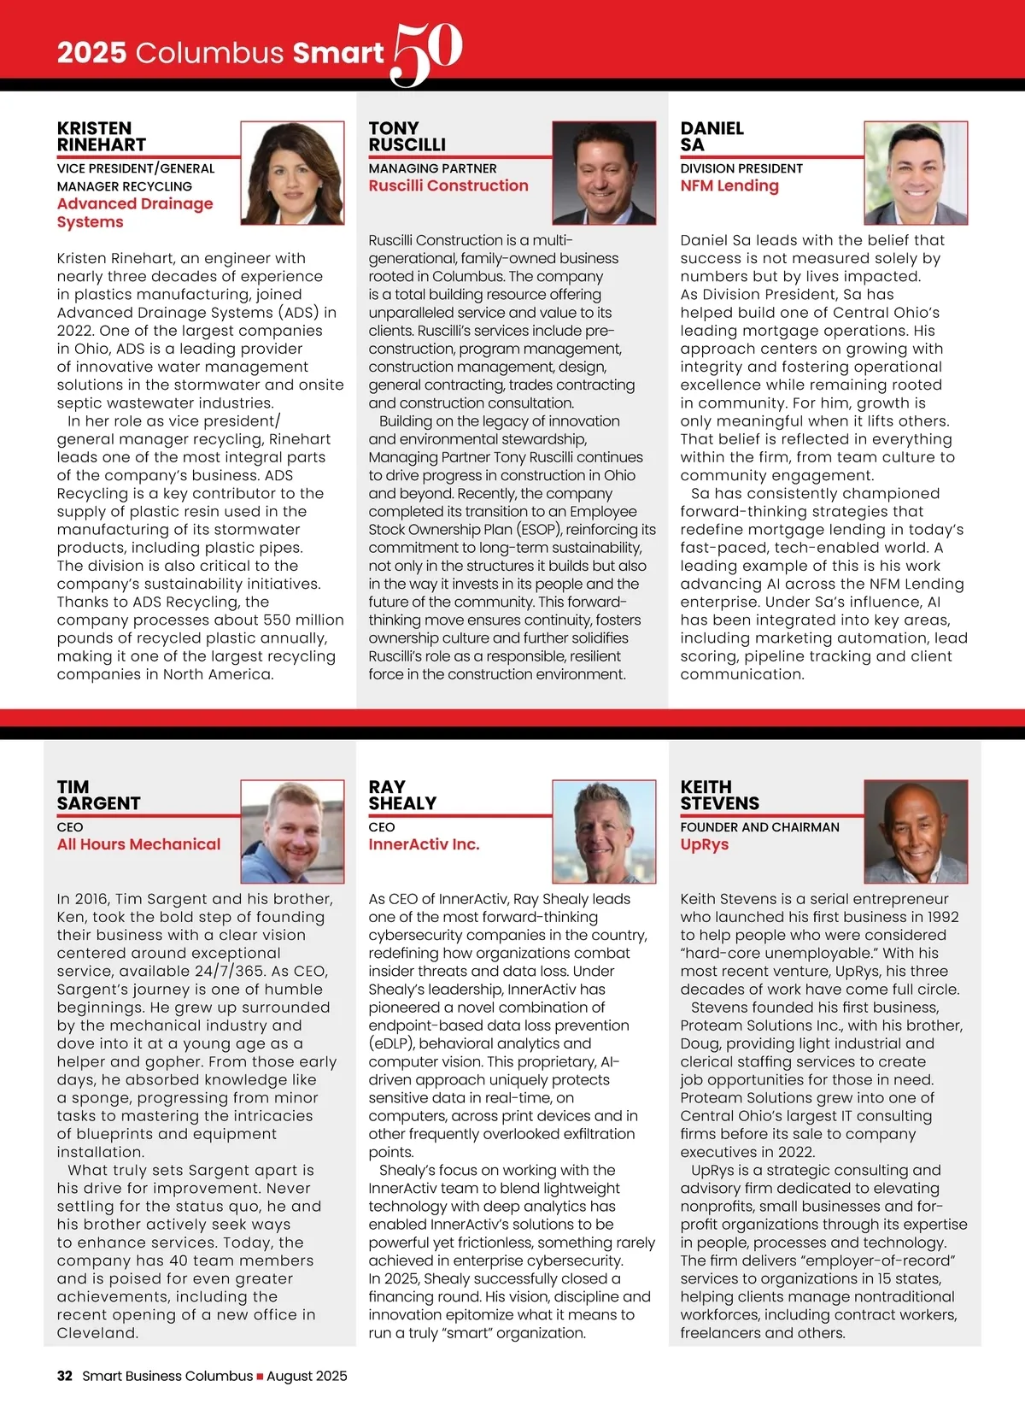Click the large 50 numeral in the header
pyautogui.click(x=427, y=53)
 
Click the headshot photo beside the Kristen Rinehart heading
pyautogui.click(x=292, y=173)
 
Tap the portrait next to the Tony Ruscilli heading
pyautogui.click(x=605, y=173)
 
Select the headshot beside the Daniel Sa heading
pyautogui.click(x=916, y=173)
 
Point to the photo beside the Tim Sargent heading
pyautogui.click(x=292, y=831)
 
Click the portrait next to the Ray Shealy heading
pyautogui.click(x=605, y=831)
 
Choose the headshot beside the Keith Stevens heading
pyautogui.click(x=916, y=831)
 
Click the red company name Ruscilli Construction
pyautogui.click(x=448, y=185)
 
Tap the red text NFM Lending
pyautogui.click(x=729, y=185)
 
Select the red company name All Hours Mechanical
pyautogui.click(x=138, y=844)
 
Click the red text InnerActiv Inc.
pyautogui.click(x=424, y=844)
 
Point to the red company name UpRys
pyautogui.click(x=705, y=844)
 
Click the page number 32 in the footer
pyautogui.click(x=65, y=1376)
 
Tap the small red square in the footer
pyautogui.click(x=261, y=1377)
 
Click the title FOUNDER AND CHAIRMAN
pyautogui.click(x=759, y=827)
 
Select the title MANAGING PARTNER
pyautogui.click(x=432, y=168)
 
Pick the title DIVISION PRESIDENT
pyautogui.click(x=741, y=168)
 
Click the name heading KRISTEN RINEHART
pyautogui.click(x=101, y=137)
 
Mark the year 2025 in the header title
pyautogui.click(x=91, y=53)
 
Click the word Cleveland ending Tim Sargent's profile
pyautogui.click(x=97, y=1333)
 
